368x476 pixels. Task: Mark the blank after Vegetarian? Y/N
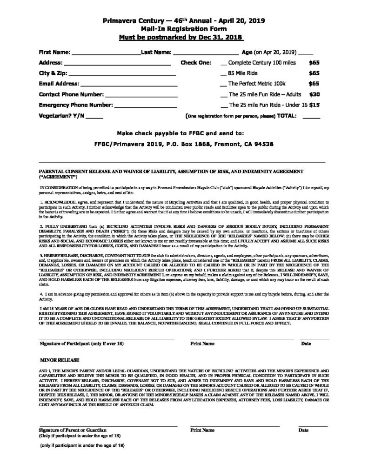coord(94,117)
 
